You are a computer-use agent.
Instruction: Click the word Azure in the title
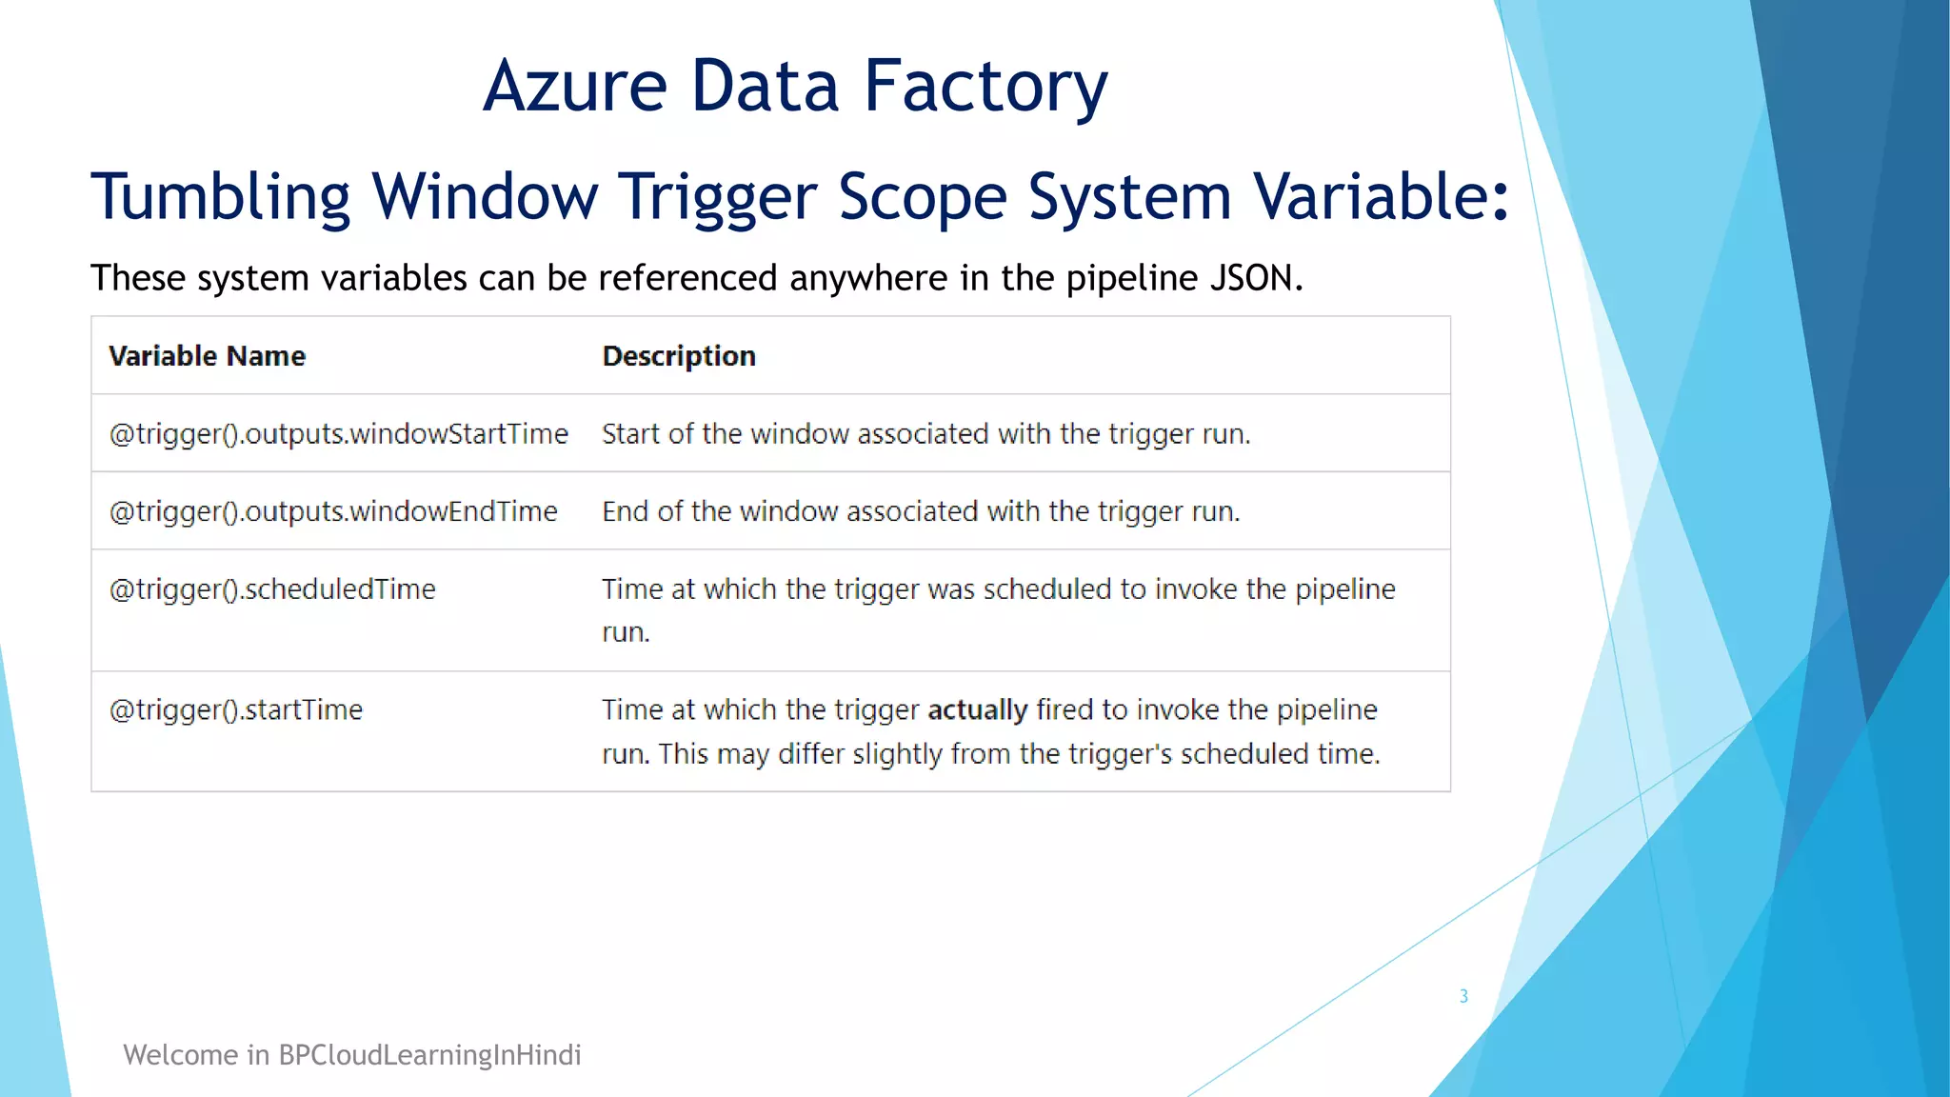(x=575, y=86)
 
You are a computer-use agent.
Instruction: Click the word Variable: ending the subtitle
(x=1381, y=197)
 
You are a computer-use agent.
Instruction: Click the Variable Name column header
(x=208, y=356)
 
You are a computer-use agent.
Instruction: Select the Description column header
(x=679, y=356)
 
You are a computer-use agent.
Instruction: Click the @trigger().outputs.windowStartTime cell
(x=339, y=434)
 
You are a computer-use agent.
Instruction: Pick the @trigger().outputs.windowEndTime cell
(x=333, y=511)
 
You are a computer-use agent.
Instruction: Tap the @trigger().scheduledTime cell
(x=272, y=589)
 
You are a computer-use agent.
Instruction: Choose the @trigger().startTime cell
(x=236, y=710)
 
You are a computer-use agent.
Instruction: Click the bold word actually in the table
(x=977, y=710)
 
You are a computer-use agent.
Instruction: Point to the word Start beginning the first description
(x=629, y=434)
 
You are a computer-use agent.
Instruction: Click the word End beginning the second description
(x=625, y=511)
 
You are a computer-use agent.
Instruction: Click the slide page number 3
(x=1463, y=996)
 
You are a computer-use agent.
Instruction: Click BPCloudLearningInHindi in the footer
(x=429, y=1055)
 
